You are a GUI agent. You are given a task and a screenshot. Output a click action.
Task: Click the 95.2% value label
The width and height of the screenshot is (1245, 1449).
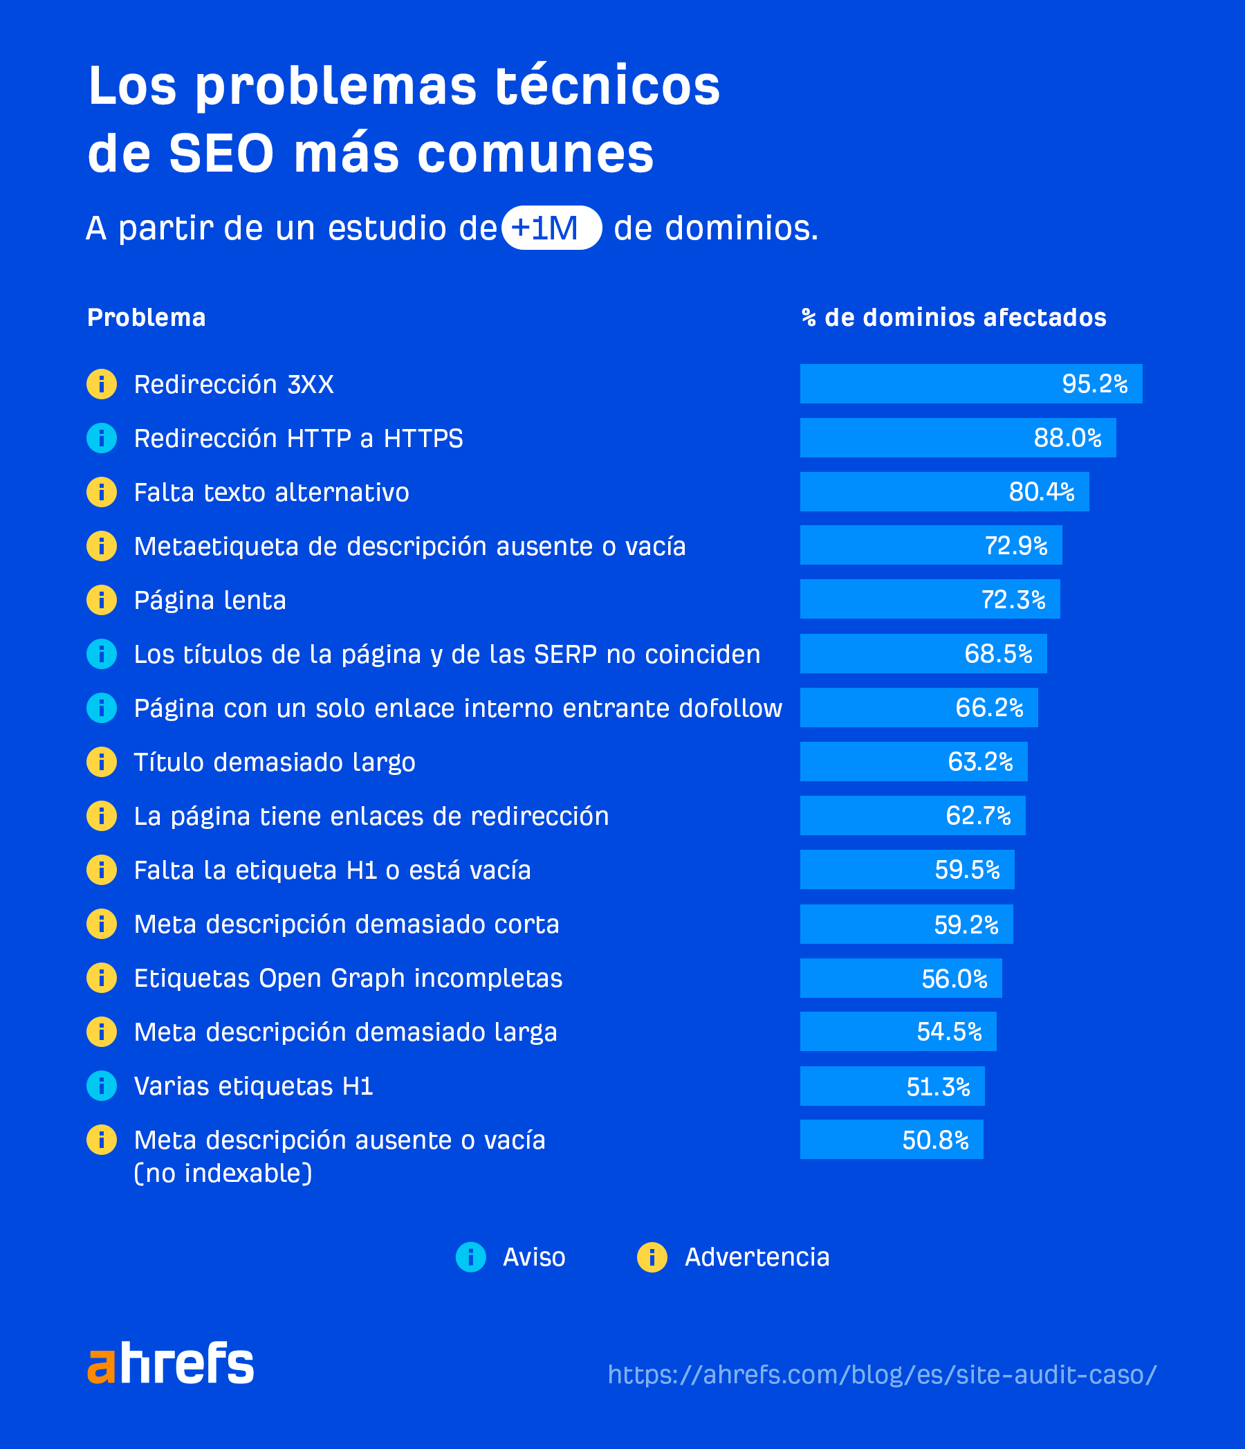(1095, 384)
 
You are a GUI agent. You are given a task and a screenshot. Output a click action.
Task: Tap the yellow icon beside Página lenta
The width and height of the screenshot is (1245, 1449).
(102, 600)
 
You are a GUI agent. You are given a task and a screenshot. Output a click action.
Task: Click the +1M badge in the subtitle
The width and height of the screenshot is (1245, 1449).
(551, 228)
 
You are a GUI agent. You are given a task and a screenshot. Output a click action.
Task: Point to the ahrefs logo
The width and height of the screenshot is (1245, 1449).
(171, 1363)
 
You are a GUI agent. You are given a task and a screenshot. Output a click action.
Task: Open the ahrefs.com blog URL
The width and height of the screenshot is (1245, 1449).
(882, 1374)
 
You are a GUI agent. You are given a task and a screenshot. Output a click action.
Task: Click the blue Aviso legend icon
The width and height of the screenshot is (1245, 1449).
(470, 1257)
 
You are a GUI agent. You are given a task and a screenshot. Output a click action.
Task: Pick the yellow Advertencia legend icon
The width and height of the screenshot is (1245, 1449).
(652, 1257)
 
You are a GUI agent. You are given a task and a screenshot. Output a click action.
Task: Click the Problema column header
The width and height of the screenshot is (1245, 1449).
(146, 318)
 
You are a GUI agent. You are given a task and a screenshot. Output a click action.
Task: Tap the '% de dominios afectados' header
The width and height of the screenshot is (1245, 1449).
(954, 318)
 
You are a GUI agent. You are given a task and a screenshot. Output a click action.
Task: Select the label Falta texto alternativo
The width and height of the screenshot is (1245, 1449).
(271, 492)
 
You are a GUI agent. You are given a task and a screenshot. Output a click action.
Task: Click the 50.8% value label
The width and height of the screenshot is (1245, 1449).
(935, 1140)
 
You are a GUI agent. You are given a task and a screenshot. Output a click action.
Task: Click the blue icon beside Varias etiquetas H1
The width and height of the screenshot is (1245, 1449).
(102, 1086)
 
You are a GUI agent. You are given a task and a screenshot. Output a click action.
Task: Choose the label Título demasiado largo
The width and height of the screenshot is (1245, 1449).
(275, 763)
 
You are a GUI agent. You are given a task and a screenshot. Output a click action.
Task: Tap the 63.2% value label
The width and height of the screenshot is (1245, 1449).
(980, 762)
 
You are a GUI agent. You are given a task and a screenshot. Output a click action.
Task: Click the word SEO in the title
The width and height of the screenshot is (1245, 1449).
(221, 154)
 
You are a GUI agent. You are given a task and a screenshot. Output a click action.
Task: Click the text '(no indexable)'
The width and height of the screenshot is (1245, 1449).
(223, 1174)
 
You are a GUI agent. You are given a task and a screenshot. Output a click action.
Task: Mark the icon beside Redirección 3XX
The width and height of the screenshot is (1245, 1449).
(102, 384)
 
